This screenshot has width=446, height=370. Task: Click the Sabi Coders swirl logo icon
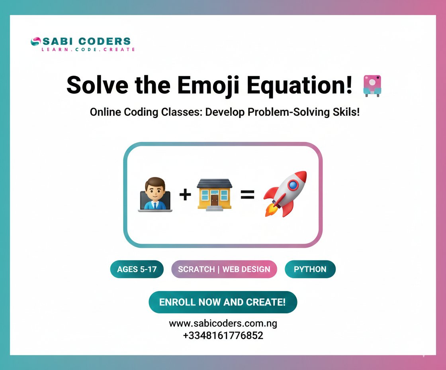pyautogui.click(x=35, y=41)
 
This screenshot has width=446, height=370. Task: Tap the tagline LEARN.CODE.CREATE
pyautogui.click(x=88, y=49)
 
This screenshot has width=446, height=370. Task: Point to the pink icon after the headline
pyautogui.click(x=372, y=85)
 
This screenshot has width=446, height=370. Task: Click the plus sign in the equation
pyautogui.click(x=185, y=195)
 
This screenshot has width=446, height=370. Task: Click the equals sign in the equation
pyautogui.click(x=247, y=195)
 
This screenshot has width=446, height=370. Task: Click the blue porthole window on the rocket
pyautogui.click(x=293, y=185)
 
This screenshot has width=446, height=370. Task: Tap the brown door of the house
pyautogui.click(x=215, y=199)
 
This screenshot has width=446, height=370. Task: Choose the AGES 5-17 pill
pyautogui.click(x=137, y=269)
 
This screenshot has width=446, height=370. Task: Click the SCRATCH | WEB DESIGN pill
pyautogui.click(x=224, y=269)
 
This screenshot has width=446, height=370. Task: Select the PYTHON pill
pyautogui.click(x=310, y=269)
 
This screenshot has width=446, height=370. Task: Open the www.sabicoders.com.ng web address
pyautogui.click(x=223, y=323)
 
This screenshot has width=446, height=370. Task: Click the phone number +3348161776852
pyautogui.click(x=223, y=335)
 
